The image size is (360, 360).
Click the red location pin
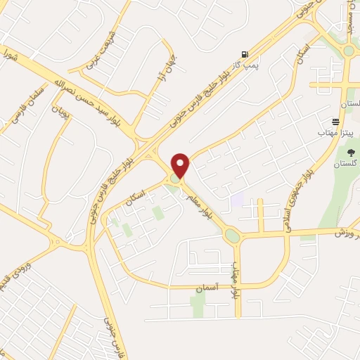pos(181,165)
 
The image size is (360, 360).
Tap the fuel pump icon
pos(244,54)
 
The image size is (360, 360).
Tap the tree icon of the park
pos(352,153)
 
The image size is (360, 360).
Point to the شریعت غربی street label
pos(98,51)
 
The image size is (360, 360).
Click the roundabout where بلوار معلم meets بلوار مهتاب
pos(233,236)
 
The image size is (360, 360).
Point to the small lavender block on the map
pos(238,200)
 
